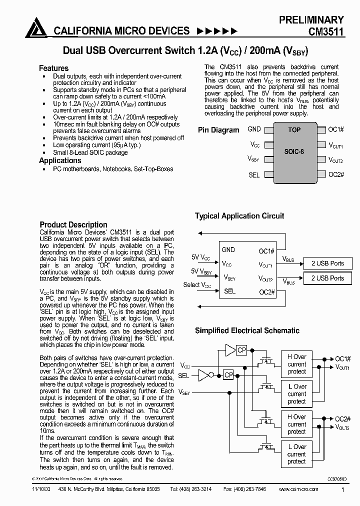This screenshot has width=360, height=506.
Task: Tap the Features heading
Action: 53,68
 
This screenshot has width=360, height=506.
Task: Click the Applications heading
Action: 60,160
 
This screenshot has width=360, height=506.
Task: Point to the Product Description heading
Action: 73,224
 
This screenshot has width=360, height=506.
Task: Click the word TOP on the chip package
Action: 294,130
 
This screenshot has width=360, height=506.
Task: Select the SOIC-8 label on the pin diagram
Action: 294,151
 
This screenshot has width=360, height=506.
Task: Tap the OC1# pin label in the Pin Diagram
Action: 336,129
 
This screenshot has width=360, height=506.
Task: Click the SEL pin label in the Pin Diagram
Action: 254,175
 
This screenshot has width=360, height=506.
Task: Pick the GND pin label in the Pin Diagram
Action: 254,129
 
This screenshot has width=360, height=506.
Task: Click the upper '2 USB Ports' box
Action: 327,263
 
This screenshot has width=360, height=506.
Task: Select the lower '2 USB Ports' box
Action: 327,278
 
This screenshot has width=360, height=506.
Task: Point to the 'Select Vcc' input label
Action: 197,285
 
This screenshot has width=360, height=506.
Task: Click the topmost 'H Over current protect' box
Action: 296,364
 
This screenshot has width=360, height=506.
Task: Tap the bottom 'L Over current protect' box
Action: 296,454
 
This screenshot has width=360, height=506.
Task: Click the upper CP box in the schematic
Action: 241,350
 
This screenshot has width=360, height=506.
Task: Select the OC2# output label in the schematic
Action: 342,419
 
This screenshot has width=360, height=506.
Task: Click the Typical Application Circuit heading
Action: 239,216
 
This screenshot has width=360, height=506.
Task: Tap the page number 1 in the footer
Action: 342,491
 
